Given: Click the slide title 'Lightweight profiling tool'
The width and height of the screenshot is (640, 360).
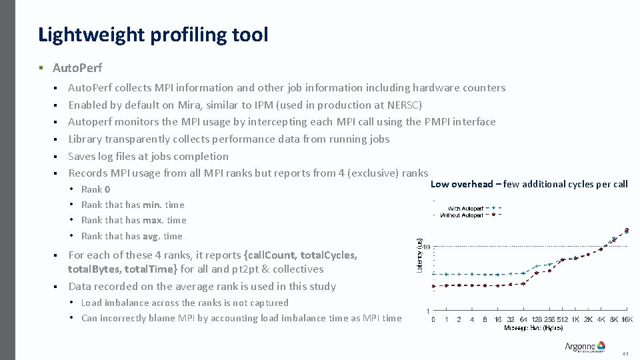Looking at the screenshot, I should (153, 35).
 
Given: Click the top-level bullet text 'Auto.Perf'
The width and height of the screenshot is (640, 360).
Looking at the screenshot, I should (77, 67).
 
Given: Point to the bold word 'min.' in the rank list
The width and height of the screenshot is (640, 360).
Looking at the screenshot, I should (153, 205).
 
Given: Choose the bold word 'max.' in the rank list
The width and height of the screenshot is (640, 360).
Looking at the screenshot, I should (153, 220).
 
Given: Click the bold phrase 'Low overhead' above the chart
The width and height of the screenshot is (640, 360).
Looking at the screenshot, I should (461, 184).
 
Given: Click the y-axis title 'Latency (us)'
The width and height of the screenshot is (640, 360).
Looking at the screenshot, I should (419, 255).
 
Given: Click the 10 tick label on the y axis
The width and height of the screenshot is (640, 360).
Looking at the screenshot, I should (426, 247).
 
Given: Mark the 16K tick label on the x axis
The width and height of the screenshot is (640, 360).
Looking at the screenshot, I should (627, 319).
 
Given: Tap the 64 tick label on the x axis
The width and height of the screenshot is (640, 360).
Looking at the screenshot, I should (524, 319).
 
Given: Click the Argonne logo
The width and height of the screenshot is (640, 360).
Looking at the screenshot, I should (585, 347).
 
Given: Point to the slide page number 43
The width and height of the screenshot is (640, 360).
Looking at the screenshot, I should (625, 353).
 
